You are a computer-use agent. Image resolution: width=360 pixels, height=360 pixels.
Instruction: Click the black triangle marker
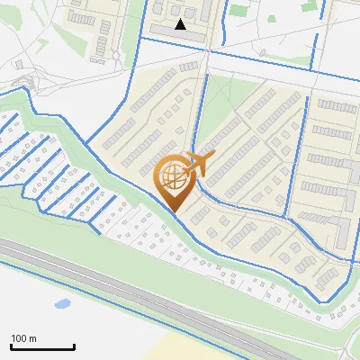181,24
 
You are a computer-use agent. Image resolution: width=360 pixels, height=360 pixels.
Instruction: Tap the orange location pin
175,180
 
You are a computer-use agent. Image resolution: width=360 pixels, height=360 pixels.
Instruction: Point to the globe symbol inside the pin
173,176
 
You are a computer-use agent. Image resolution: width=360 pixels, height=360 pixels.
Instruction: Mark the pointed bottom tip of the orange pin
174,212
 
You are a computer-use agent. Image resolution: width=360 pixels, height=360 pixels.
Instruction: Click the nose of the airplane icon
214,155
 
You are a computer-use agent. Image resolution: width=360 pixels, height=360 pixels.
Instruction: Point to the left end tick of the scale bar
11,346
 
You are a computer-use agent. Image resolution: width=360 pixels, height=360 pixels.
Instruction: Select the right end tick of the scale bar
74,346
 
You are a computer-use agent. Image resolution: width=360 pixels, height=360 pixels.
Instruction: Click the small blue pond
62,304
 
